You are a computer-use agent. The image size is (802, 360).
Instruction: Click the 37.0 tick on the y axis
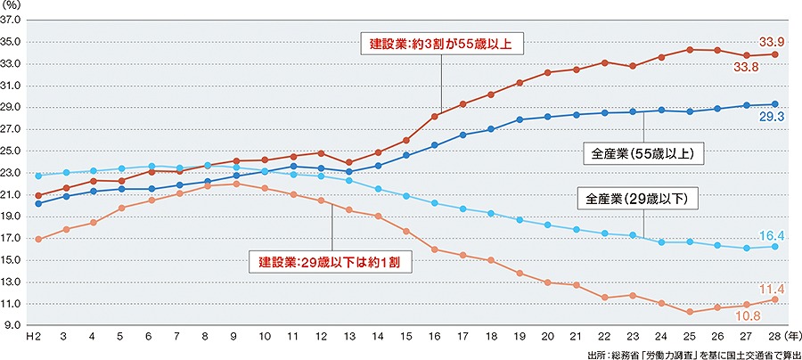(14, 19)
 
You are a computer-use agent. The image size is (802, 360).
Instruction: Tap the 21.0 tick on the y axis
(14, 194)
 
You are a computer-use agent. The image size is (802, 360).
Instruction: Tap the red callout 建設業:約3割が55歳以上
(441, 42)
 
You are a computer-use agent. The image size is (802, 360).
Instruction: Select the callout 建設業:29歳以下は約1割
(332, 262)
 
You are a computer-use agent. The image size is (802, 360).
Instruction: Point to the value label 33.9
(772, 41)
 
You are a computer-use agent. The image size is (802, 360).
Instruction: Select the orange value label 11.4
(772, 289)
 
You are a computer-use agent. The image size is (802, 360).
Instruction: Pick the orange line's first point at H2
(37, 239)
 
